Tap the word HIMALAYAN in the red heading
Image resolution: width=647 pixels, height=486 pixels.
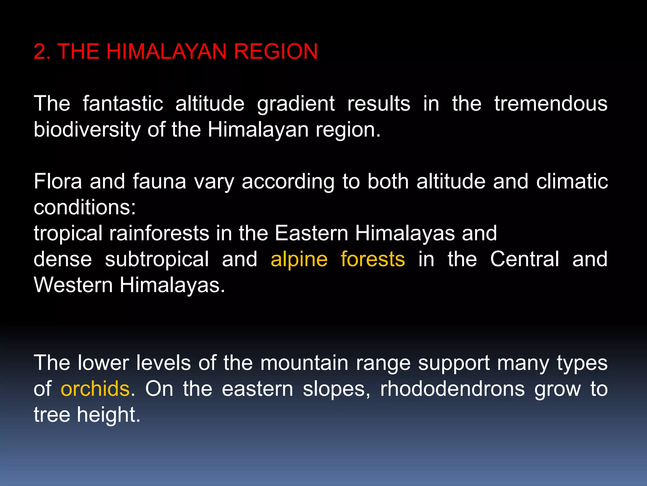[166, 52]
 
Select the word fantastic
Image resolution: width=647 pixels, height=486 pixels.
[123, 103]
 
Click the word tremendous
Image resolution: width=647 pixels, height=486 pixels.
[551, 103]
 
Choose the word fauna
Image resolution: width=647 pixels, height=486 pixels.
[159, 181]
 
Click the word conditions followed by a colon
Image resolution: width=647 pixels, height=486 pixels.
[85, 208]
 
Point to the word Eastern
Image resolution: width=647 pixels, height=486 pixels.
[311, 233]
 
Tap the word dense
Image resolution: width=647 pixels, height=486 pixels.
[63, 259]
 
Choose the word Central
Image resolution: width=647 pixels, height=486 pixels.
[524, 259]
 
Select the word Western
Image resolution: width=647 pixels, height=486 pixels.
[73, 285]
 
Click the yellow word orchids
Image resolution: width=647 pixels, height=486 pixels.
[95, 389]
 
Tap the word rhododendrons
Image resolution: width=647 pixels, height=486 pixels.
[452, 389]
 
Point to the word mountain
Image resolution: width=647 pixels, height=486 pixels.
[304, 363]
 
